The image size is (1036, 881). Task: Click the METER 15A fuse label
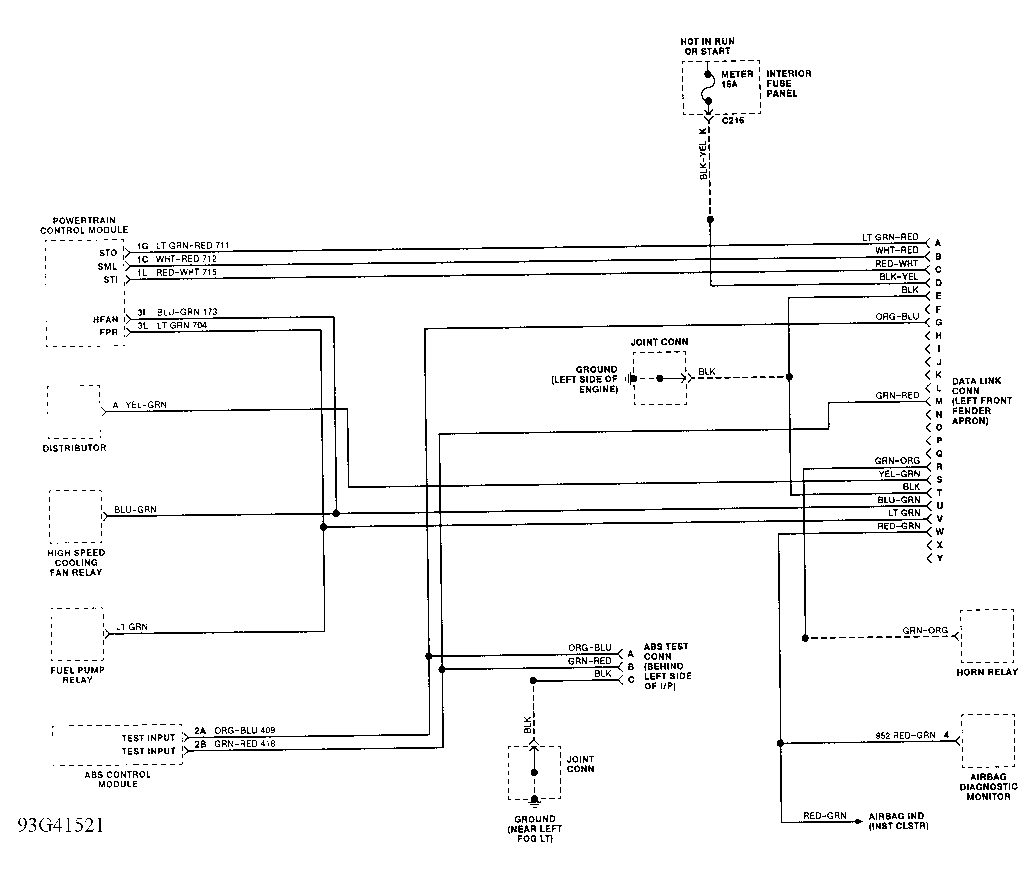[737, 79]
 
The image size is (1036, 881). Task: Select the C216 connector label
[733, 120]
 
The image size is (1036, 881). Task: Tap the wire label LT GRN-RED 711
[193, 246]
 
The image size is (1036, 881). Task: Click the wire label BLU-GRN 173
[187, 312]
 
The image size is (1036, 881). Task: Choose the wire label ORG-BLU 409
[245, 730]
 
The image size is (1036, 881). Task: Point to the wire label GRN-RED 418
[245, 744]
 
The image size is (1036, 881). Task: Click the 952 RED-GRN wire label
[906, 735]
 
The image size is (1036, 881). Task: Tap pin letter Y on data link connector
[940, 558]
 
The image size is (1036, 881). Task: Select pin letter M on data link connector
[939, 401]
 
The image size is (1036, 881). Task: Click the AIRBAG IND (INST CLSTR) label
[899, 821]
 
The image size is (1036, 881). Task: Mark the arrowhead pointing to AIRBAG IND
[859, 822]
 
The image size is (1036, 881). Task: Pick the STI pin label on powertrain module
[111, 280]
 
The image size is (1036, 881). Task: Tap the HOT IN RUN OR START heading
[707, 46]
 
